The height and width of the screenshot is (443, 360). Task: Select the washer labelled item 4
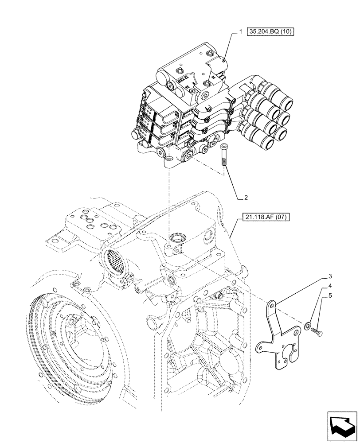[x=307, y=328]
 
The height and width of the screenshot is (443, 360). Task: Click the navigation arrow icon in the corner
[x=342, y=426]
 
